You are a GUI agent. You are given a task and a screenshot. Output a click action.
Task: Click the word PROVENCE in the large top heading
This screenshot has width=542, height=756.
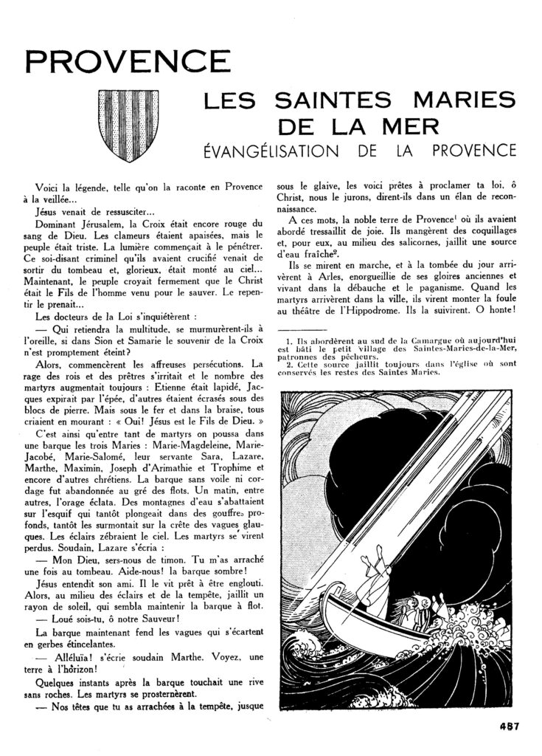[x=123, y=65]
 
